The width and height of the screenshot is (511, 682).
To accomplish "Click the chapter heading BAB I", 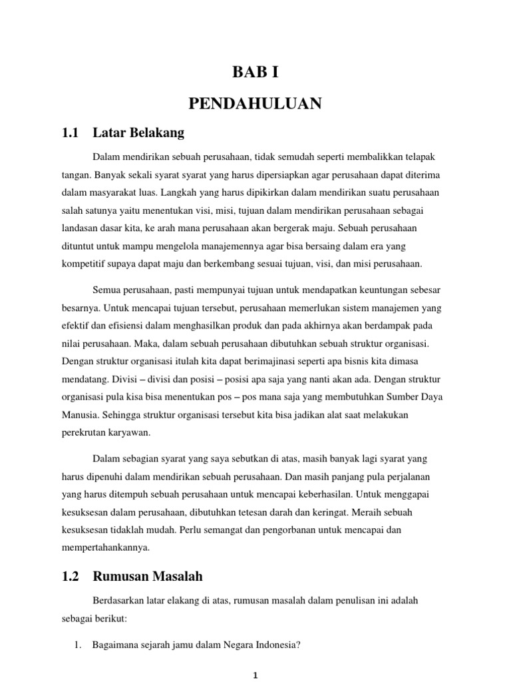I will (255, 73).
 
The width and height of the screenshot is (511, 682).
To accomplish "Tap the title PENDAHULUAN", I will (255, 103).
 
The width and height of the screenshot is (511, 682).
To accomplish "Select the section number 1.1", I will (70, 133).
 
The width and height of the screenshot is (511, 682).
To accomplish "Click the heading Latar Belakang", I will (139, 133).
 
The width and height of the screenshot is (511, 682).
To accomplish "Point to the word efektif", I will (77, 326).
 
